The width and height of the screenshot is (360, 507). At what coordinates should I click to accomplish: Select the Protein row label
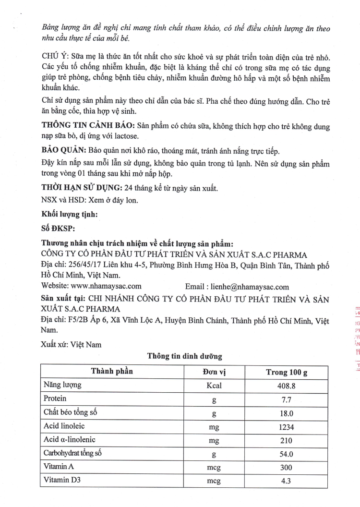[55, 398]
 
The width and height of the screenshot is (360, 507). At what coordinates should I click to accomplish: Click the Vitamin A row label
[59, 467]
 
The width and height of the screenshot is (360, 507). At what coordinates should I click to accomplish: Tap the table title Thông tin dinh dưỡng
[185, 356]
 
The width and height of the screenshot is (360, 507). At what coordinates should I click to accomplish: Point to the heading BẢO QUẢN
[64, 151]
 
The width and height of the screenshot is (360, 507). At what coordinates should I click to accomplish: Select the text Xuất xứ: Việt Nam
[72, 344]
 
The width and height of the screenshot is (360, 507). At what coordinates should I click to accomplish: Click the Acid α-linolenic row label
[70, 440]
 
